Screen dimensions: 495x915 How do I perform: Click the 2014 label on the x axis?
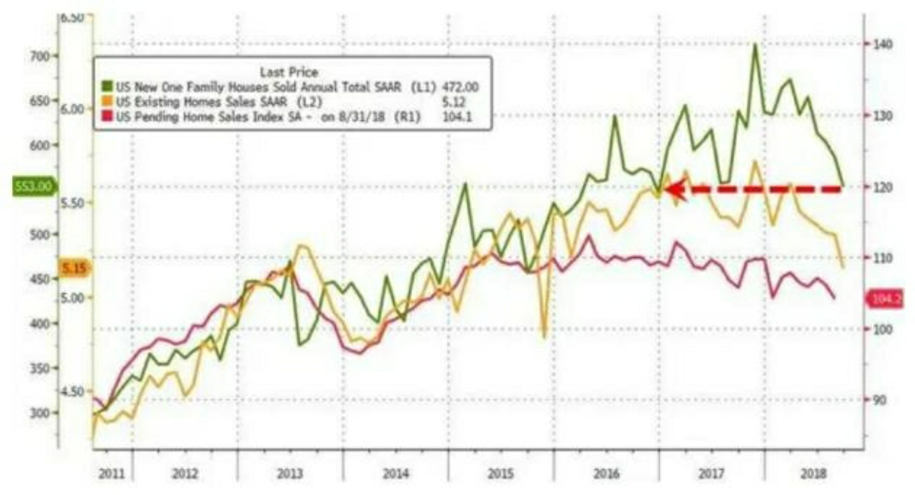(396, 474)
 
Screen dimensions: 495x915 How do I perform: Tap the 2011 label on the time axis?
(112, 474)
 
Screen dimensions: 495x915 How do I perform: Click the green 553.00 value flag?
(32, 187)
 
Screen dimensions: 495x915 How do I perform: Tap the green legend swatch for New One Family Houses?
(106, 87)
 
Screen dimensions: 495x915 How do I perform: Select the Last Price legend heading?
(288, 71)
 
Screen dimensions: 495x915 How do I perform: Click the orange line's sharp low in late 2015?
(544, 337)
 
